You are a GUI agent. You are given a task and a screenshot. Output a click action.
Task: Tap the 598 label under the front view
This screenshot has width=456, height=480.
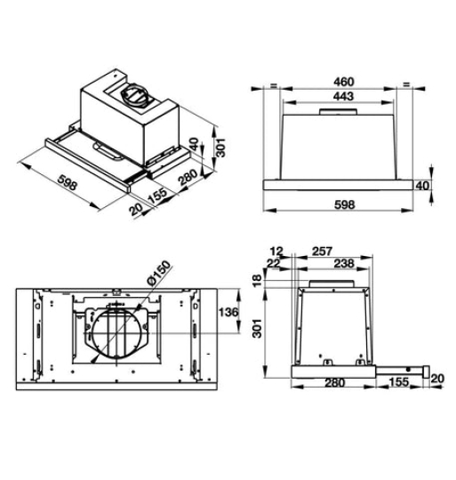pos(343,204)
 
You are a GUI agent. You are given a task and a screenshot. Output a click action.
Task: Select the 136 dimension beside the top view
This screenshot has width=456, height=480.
pos(228,312)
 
